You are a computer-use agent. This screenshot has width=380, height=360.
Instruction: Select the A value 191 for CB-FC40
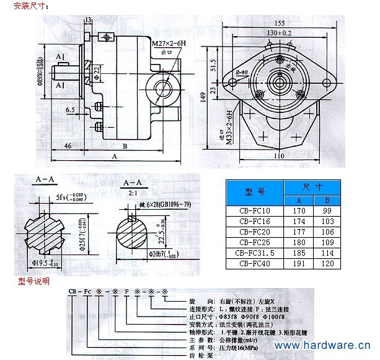pos(299,263)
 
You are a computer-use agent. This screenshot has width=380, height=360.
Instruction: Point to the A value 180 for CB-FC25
pos(299,241)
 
